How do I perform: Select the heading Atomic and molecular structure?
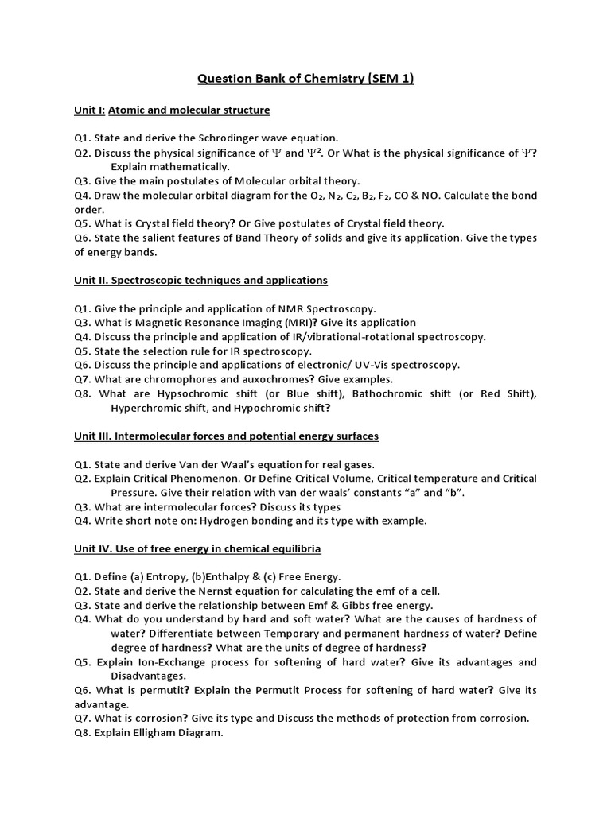pyautogui.click(x=189, y=110)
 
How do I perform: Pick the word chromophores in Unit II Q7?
pyautogui.click(x=174, y=379)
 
